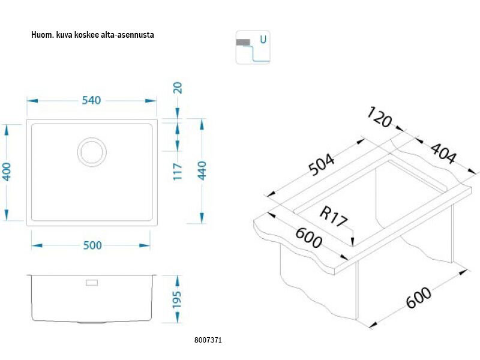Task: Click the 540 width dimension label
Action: point(91,100)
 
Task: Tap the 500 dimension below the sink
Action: point(91,245)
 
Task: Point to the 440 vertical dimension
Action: point(202,171)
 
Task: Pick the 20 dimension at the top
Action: point(178,88)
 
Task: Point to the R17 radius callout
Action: point(334,217)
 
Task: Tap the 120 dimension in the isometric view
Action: point(379,118)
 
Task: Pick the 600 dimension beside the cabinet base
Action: point(419,298)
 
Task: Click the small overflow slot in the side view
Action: point(92,282)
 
